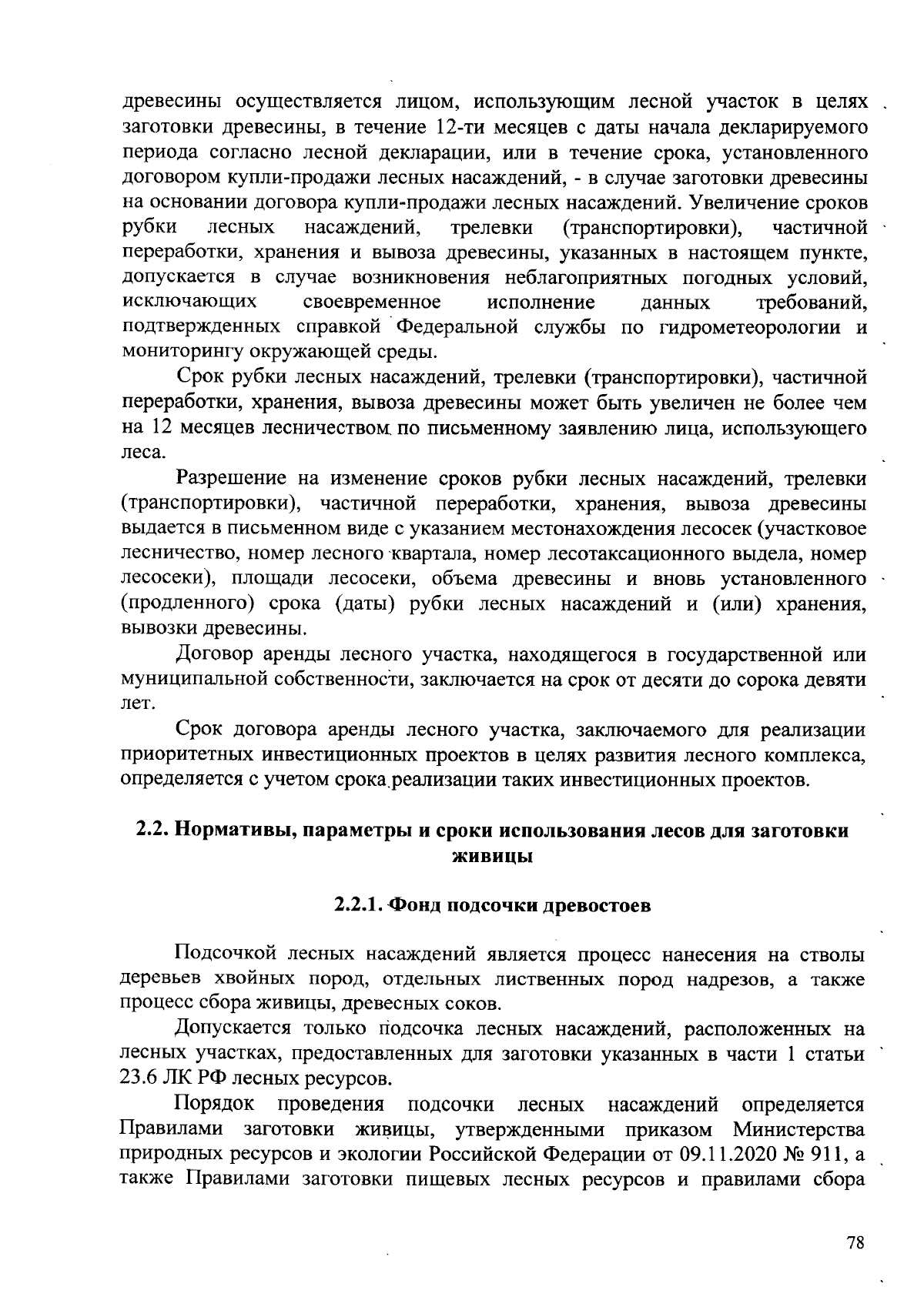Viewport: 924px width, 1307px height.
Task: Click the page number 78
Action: [855, 1244]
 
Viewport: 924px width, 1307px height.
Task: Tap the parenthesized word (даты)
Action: [365, 604]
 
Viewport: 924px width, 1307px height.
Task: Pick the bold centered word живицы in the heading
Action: [492, 856]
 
